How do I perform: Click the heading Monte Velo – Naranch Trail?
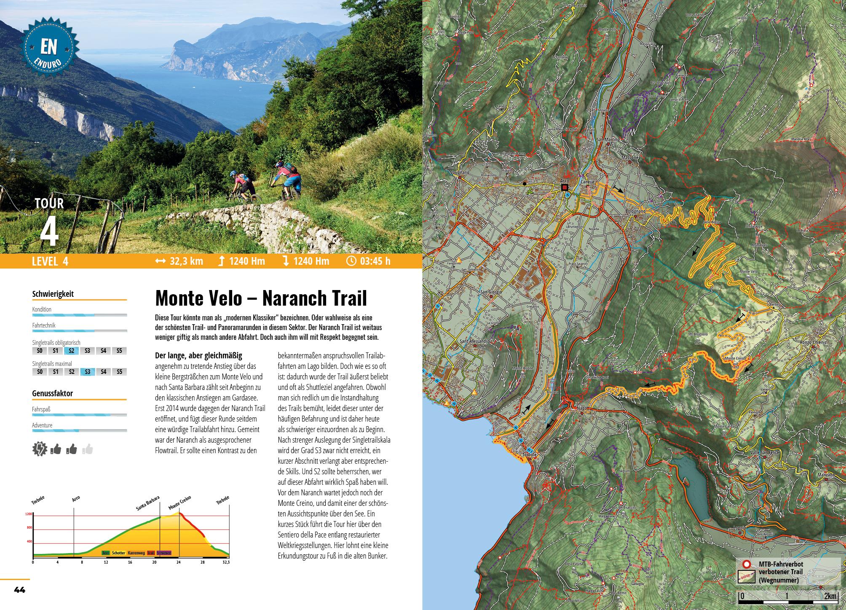click(261, 298)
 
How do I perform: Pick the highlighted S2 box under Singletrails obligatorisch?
click(72, 351)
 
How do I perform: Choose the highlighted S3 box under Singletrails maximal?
click(88, 372)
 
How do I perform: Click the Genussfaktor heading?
click(52, 393)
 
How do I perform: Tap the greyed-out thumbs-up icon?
click(88, 450)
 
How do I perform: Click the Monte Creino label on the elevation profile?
click(179, 503)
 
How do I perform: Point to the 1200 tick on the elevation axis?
click(28, 514)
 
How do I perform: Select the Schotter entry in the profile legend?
click(118, 553)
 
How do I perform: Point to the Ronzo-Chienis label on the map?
click(814, 343)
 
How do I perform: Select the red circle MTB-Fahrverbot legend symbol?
click(746, 564)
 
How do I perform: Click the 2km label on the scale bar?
click(830, 596)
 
